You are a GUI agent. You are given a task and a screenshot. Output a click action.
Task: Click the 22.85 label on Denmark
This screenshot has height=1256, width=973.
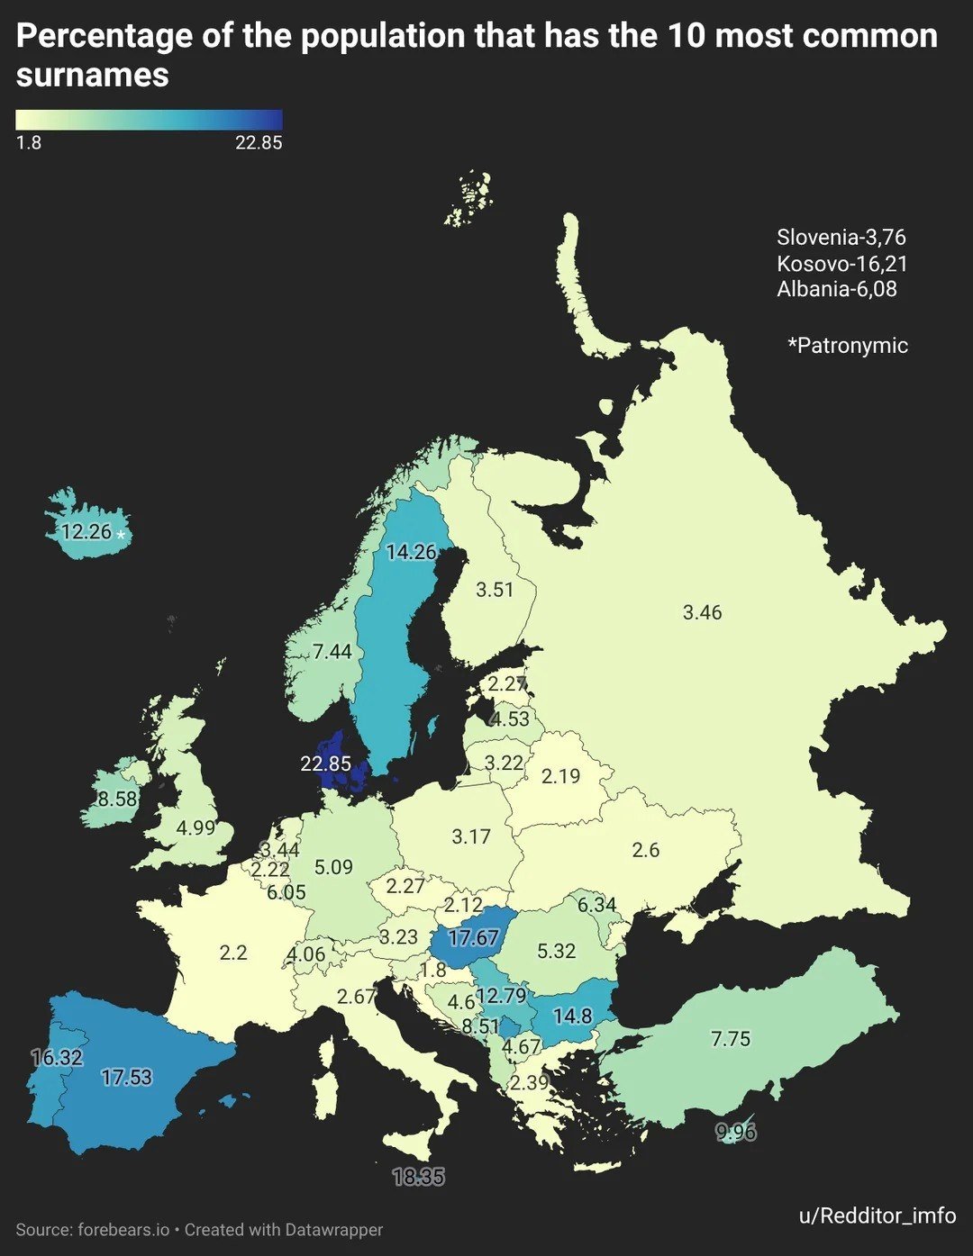325,764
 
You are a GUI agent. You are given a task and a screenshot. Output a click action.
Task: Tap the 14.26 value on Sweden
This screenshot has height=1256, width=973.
411,552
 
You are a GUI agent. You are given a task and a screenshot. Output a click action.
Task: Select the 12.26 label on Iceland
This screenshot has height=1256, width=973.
86,531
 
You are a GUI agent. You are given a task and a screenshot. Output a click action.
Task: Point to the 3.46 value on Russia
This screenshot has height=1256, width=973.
702,612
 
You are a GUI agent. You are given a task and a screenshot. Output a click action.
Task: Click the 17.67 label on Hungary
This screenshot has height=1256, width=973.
473,938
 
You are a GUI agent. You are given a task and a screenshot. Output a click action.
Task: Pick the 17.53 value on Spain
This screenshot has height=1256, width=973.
126,1077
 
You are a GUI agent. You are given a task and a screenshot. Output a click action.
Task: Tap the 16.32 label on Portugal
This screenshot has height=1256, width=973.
57,1057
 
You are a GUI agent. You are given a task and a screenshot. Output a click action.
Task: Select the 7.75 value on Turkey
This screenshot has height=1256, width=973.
730,1039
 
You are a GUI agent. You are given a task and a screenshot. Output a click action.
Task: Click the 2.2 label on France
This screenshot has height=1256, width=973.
233,952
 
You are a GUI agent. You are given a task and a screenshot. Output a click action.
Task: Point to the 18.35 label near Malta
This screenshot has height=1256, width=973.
419,1177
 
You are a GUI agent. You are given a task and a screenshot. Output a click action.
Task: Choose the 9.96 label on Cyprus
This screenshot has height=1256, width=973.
736,1132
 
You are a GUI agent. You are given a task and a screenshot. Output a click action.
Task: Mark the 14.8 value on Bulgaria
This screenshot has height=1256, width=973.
572,1017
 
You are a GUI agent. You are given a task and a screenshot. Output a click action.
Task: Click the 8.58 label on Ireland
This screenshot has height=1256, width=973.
117,799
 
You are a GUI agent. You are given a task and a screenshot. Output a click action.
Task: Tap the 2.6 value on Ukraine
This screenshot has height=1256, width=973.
646,850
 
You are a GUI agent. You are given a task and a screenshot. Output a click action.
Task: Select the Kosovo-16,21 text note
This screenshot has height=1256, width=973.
841,263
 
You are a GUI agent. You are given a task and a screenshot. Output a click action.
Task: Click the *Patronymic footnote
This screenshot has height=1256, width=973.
848,345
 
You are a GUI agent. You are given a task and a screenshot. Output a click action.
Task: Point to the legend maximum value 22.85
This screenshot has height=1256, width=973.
259,142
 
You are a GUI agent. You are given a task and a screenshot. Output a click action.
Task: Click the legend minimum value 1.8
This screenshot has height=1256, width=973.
29,142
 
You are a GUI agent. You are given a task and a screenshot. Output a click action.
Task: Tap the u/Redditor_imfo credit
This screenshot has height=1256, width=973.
877,1215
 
